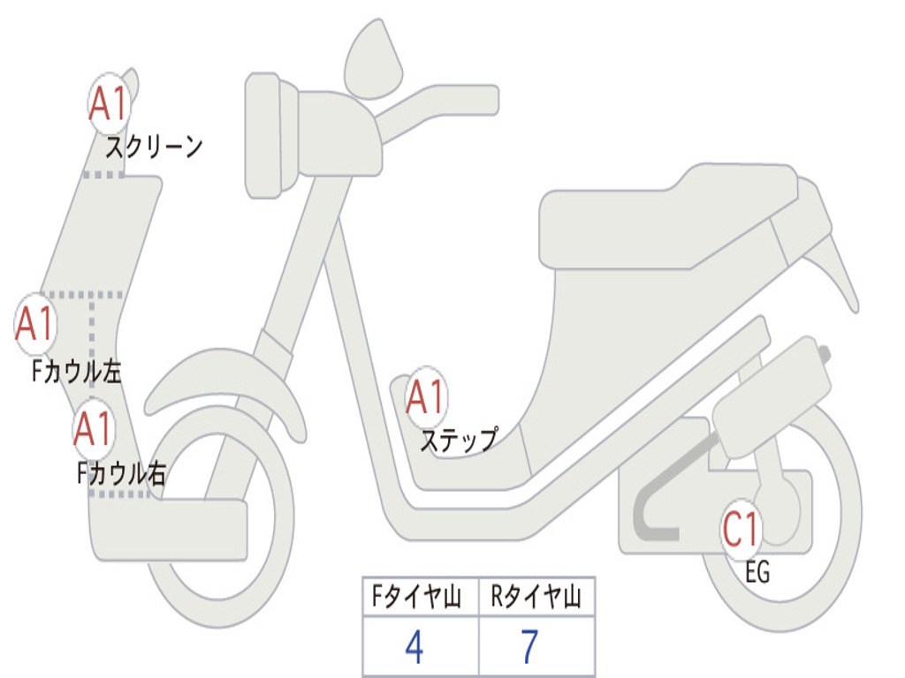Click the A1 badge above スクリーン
coord(110,104)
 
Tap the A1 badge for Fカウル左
coord(36,323)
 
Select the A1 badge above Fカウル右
coord(94,429)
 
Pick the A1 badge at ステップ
coord(426,397)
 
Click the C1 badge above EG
coord(741,530)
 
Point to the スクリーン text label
coord(154,147)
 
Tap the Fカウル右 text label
coord(121,474)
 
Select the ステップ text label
coord(458,440)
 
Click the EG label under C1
coord(757,573)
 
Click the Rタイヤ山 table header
coord(536,598)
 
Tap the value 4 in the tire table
coord(414,648)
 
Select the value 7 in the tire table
coord(529,648)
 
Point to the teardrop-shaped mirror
coord(372,60)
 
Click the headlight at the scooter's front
coord(263,135)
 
